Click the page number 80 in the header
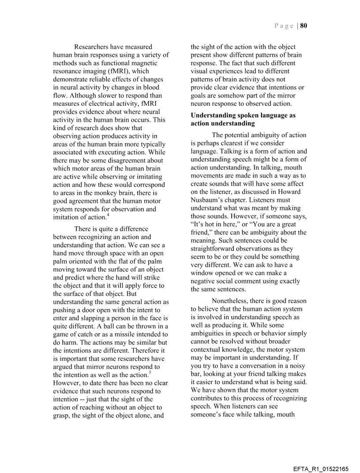[304, 26]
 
